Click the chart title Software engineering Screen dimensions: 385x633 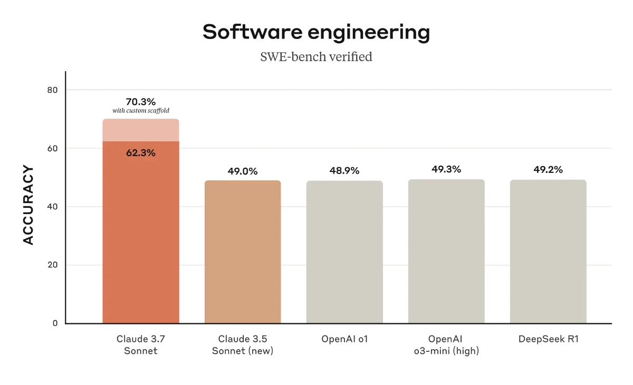pyautogui.click(x=316, y=32)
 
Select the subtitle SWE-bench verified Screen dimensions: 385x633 pyautogui.click(x=316, y=56)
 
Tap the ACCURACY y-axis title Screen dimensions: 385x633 pyautogui.click(x=28, y=206)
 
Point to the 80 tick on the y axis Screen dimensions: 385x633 pyautogui.click(x=52, y=90)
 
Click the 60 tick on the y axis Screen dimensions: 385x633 pyautogui.click(x=52, y=149)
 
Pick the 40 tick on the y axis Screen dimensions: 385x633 pyautogui.click(x=52, y=207)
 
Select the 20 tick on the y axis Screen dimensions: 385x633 pyautogui.click(x=52, y=265)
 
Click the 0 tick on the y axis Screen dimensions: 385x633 pyautogui.click(x=54, y=323)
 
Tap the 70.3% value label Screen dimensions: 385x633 pyautogui.click(x=141, y=101)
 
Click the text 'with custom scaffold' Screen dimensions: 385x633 pyautogui.click(x=141, y=111)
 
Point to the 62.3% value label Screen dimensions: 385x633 pyautogui.click(x=141, y=153)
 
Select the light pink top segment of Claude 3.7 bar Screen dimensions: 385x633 pyautogui.click(x=141, y=130)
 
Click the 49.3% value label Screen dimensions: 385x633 pyautogui.click(x=446, y=169)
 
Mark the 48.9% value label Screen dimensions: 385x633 pyautogui.click(x=344, y=171)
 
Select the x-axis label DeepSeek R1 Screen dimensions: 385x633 pyautogui.click(x=548, y=339)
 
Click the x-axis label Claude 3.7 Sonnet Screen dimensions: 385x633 pyautogui.click(x=141, y=345)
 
